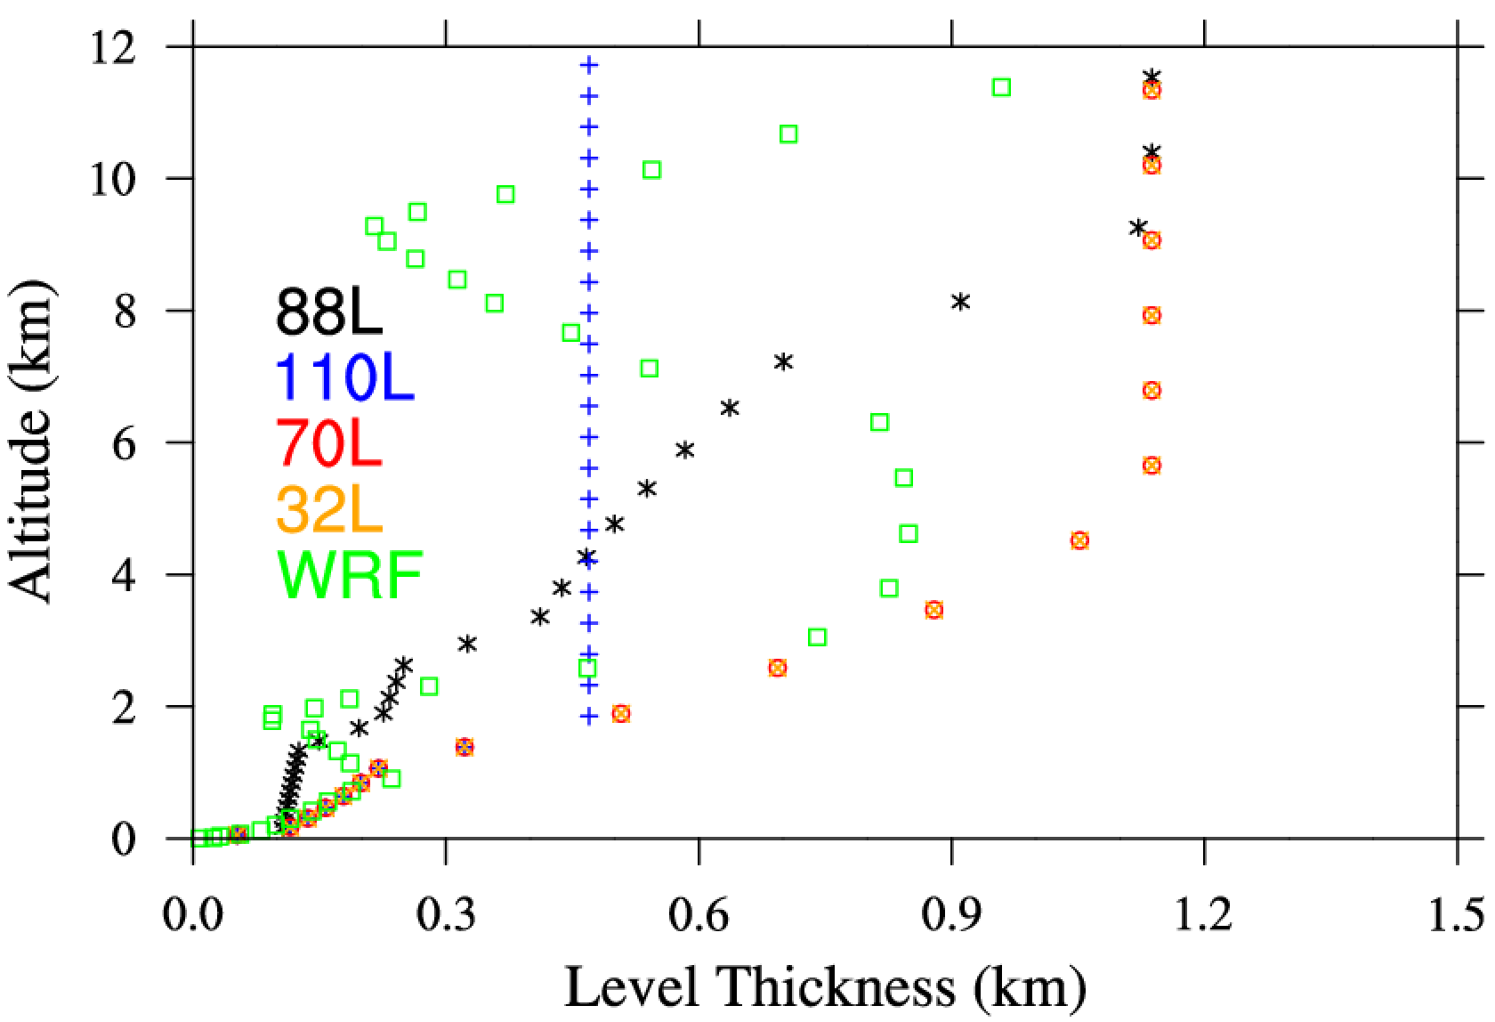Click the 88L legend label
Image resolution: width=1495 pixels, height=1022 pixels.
coord(330,312)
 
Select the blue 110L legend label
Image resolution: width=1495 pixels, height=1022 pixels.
coord(345,377)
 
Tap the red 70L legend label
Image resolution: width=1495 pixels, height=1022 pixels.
coord(330,443)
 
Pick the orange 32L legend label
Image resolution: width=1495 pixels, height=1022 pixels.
coord(330,509)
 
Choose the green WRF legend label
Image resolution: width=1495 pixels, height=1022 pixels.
coord(349,575)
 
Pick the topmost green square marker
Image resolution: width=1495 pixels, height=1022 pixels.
coord(1001,87)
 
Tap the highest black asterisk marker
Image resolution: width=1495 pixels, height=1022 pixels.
coord(1152,77)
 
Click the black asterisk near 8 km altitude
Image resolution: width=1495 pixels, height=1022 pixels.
coord(960,302)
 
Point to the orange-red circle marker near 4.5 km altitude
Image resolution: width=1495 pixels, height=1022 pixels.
coord(1079,540)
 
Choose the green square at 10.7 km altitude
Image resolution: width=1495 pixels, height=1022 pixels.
coord(788,134)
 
